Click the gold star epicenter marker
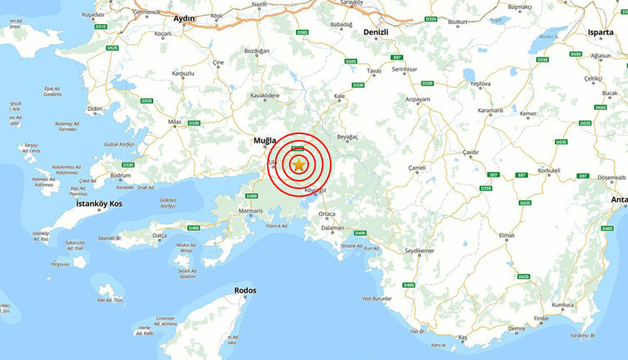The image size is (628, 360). coord(299,165)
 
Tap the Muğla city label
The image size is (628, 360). coord(264,141)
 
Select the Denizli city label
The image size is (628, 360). coord(376,32)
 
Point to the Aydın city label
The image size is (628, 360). coord(183,18)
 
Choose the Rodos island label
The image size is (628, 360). coord(246,291)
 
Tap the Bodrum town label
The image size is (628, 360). coord(120,176)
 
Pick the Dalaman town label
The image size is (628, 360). coord(332,227)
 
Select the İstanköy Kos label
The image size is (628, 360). coord(99,203)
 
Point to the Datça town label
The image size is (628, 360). coord(159,236)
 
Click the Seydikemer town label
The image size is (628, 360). coord(420,251)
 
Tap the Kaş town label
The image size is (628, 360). coord(463,337)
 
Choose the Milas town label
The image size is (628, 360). coord(174,122)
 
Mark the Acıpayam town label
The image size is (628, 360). coord(417,99)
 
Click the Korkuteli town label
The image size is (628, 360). coord(549,170)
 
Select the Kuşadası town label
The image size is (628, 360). coord(93,15)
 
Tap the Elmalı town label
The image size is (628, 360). coord(506,236)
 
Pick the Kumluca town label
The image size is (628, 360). coord(563,305)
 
